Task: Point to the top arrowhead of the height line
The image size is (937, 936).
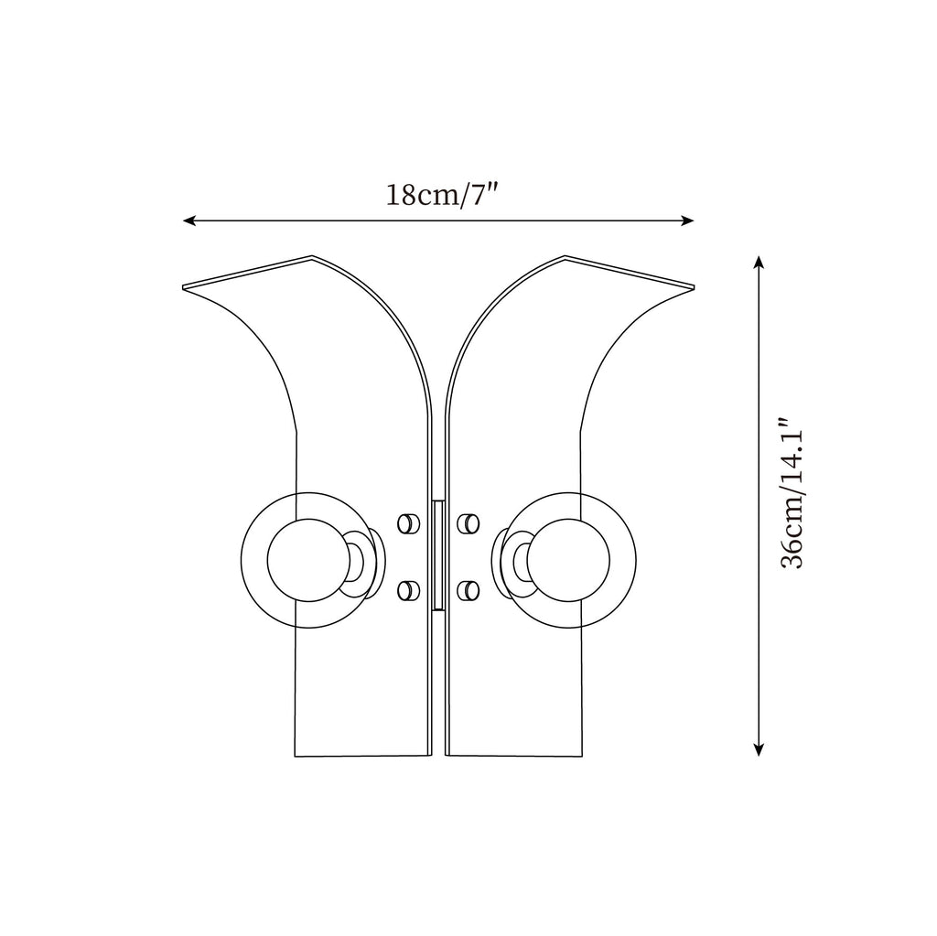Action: coord(759,262)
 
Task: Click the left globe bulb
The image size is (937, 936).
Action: coord(304,560)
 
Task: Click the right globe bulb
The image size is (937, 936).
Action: coord(571,560)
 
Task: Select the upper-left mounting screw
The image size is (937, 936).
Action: coord(405,523)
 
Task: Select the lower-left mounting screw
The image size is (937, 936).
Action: coord(405,591)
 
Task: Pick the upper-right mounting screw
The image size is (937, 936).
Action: coord(468,523)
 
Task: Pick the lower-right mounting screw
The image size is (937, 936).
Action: coord(468,591)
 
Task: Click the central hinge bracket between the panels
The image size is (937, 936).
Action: coord(437,554)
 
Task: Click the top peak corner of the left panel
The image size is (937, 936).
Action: coord(312,257)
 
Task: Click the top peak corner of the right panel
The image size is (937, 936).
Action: coord(564,257)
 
